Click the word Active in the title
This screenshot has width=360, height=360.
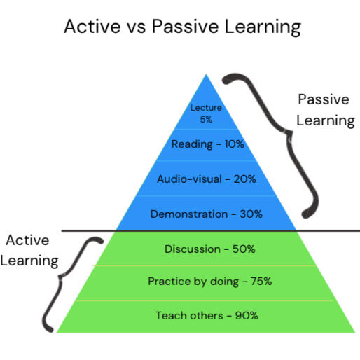pos(92,26)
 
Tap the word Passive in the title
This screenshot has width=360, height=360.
pos(185,26)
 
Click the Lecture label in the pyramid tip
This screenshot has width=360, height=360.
pos(206,108)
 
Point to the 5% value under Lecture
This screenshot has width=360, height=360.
pos(206,120)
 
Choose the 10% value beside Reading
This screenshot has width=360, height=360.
pos(234,144)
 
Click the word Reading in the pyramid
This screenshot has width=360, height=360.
pos(192,144)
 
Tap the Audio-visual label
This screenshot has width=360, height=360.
pos(189,179)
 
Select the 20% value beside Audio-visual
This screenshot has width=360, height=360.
pos(244,179)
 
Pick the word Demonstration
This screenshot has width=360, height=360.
pos(189,214)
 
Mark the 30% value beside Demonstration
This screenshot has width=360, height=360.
pos(251,214)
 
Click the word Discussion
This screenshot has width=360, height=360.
pos(193,249)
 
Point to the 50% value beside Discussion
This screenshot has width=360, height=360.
pos(244,249)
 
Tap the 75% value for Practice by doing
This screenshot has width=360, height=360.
pos(261,281)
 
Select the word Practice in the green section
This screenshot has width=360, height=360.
pos(169,281)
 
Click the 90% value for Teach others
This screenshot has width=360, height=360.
pos(247,316)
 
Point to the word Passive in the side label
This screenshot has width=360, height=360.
pos(324,99)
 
